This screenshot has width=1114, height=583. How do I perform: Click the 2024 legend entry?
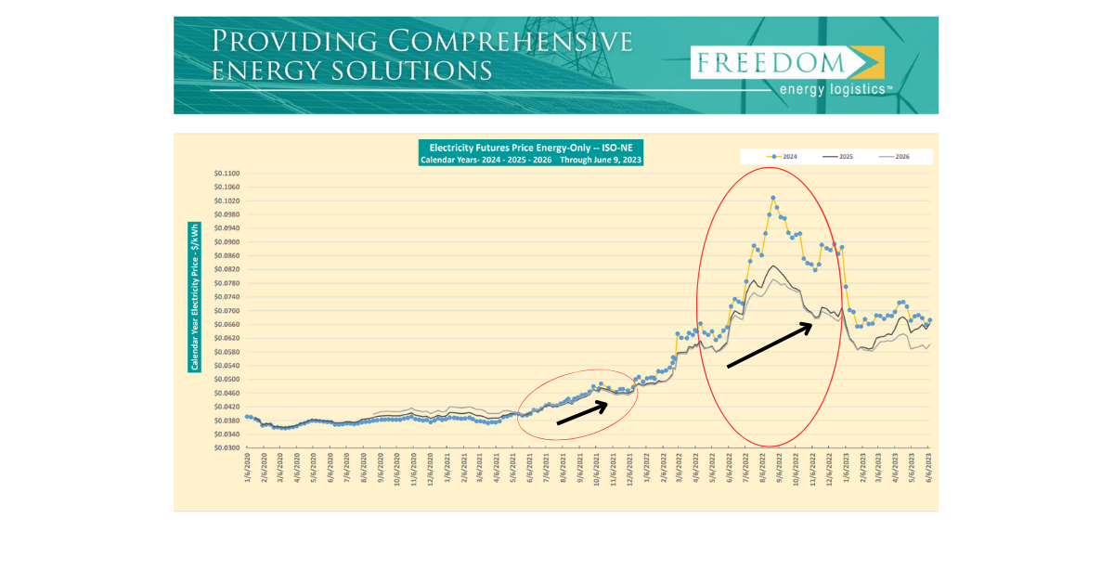[784, 157]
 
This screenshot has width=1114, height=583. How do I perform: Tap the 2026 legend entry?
[895, 157]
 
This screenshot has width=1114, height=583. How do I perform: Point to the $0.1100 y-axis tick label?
[227, 174]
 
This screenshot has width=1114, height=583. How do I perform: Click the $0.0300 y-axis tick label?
[227, 447]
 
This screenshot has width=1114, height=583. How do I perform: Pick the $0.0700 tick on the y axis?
[227, 311]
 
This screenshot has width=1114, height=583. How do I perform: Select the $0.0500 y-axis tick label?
[227, 379]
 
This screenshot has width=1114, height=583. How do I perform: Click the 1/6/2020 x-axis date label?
[248, 467]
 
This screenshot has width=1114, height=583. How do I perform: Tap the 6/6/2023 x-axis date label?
[930, 467]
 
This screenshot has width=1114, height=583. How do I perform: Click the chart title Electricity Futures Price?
[530, 147]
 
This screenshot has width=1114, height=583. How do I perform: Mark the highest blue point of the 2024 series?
[773, 198]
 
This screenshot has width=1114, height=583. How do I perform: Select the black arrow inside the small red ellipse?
[583, 412]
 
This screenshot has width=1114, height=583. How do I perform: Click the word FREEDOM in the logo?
[770, 62]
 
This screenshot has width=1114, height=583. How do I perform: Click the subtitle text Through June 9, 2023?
[600, 160]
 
